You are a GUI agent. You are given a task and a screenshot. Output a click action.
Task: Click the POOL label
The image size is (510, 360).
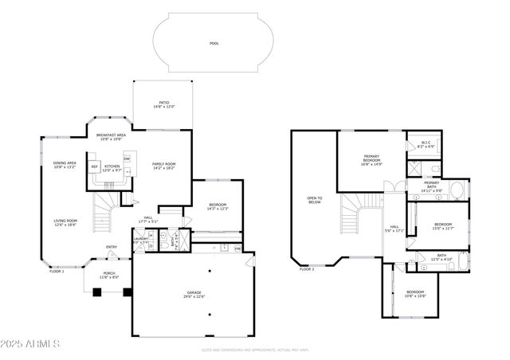pos(214,44)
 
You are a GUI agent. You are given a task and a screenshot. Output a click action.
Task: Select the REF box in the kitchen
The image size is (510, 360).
pos(94,167)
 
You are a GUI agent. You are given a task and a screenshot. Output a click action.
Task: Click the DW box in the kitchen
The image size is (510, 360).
pos(126,159)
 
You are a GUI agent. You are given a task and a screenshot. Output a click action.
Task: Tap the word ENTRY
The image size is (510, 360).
pos(112,247)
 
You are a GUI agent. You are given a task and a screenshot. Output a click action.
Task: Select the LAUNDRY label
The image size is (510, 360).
pos(141,239)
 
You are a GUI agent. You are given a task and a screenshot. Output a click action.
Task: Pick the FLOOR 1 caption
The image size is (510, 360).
pos(57,272)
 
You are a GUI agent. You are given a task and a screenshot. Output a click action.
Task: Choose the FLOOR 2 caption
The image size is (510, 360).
pos(307,269)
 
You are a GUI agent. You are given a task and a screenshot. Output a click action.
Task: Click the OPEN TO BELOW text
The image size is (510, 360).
pos(315,201)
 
